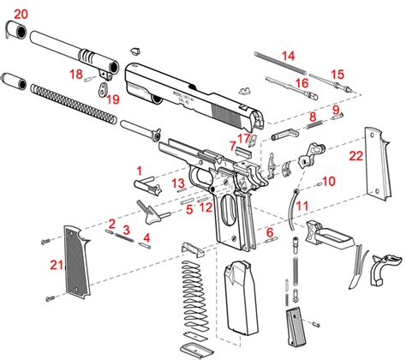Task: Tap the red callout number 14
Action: pyautogui.click(x=288, y=56)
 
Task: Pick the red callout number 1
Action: pyautogui.click(x=139, y=171)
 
